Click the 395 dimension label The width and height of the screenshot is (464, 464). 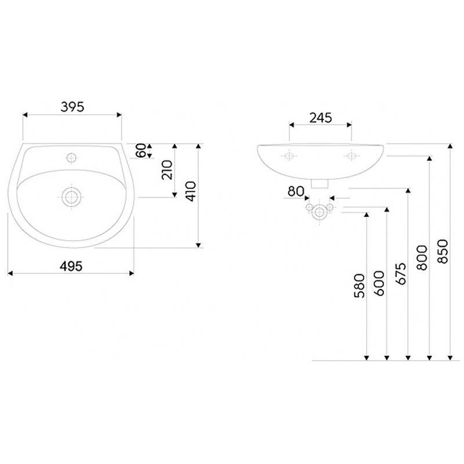click(72, 107)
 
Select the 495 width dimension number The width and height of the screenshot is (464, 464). click(71, 267)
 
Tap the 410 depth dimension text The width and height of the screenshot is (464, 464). click(191, 191)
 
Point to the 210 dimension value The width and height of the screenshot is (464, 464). click(167, 170)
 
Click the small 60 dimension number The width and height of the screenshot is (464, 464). click(141, 151)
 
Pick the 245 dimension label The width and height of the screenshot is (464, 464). click(321, 118)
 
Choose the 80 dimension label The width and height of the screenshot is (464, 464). click(296, 191)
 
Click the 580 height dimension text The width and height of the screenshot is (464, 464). click(359, 286)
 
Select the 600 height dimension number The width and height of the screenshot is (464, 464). click(379, 284)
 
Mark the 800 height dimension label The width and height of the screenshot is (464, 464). click(422, 258)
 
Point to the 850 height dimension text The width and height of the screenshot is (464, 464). click(443, 252)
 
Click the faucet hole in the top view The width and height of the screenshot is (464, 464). click(71, 158)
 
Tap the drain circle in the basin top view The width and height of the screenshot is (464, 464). click(71, 197)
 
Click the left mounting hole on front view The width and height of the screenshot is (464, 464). click(289, 155)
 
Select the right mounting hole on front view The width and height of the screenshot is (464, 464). click(351, 155)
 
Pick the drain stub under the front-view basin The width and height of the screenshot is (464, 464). click(320, 183)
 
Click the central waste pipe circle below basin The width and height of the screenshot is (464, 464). click(320, 212)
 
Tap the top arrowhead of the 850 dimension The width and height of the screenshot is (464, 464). click(450, 146)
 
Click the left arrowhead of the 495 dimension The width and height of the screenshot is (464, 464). click(10, 273)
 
